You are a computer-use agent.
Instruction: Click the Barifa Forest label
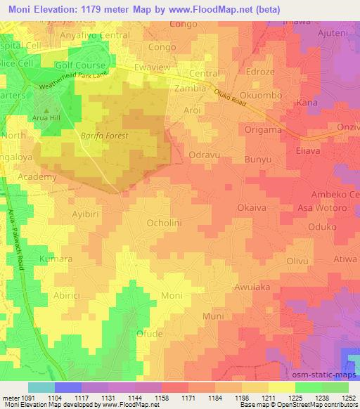pos(105,135)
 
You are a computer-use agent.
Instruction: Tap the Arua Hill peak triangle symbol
pos(46,110)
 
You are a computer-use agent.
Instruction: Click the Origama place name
pos(263,130)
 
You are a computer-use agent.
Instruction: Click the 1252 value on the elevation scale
pos(349,397)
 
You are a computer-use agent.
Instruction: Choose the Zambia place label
pos(190,89)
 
